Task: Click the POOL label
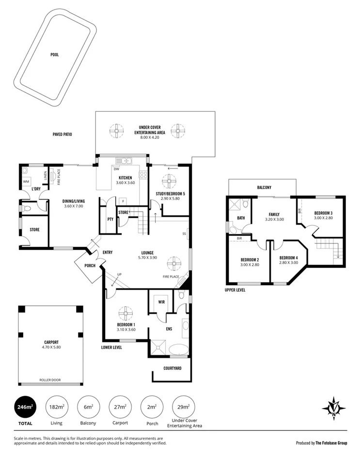pos(54,55)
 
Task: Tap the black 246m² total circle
pos(23,408)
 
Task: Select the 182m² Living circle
pos(57,408)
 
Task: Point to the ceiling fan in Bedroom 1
pos(125,312)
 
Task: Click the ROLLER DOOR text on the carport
pos(50,380)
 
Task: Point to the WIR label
pos(160,302)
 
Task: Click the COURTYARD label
pos(172,368)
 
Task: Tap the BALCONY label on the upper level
pos(264,187)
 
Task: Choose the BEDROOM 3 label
pos(323,213)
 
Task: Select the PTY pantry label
pos(110,219)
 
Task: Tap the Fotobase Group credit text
pos(321,442)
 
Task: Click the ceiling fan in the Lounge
pos(173,264)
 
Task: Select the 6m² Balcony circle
pos(89,408)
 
